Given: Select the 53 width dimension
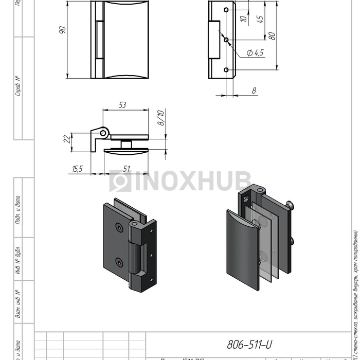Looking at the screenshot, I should (x=122, y=105).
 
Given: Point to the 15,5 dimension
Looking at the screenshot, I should (x=78, y=168).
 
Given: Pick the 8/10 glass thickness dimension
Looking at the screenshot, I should (x=160, y=119).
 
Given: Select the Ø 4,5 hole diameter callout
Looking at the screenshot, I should (x=255, y=52).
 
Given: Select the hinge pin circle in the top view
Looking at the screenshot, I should (x=103, y=133).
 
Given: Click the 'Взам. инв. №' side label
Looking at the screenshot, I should (x=18, y=303).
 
